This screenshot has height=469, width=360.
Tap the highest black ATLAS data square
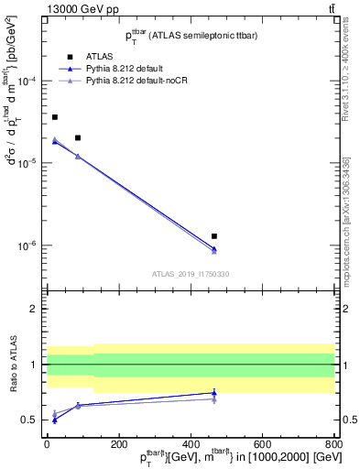coord(55,117)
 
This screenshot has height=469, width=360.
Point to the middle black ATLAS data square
coord(78,137)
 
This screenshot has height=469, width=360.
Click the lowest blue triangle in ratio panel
coord(55,420)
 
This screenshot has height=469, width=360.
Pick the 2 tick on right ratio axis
coord(345,310)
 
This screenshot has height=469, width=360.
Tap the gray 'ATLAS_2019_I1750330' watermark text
coord(191,274)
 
